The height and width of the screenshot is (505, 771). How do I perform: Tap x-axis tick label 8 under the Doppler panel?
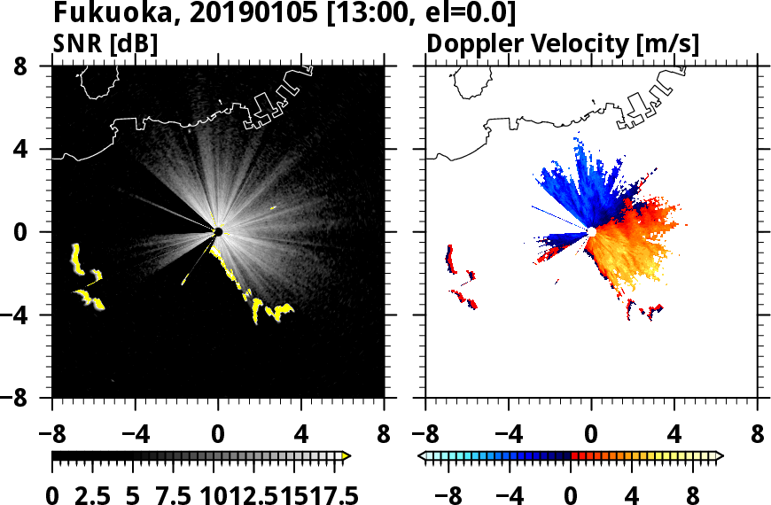pos(758,437)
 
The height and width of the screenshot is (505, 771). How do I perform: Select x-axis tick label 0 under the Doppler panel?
pos(591,437)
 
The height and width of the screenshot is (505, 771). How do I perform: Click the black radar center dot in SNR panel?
pos(218,232)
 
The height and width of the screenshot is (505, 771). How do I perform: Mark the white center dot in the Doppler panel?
pos(591,231)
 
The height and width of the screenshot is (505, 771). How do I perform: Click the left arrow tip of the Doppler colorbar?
pos(421,456)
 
